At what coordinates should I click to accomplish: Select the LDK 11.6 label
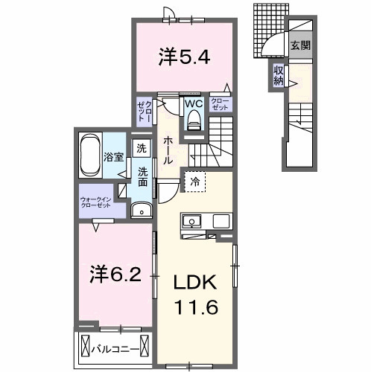point(196,294)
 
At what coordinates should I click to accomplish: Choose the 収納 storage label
point(279,75)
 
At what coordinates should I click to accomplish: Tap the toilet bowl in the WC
point(194,120)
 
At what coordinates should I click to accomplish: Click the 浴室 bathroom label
point(113,157)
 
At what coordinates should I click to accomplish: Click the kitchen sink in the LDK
point(190,222)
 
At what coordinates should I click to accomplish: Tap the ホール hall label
point(168,149)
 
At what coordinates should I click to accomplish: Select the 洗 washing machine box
point(142,148)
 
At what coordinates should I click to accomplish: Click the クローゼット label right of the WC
point(221,103)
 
